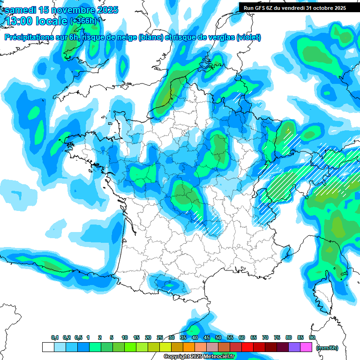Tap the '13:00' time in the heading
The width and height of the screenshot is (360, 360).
[x=20, y=21]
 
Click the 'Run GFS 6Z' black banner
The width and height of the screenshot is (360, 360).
[x=294, y=7]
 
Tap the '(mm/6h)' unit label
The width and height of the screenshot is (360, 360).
[x=327, y=347]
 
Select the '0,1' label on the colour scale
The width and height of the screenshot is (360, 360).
[x=54, y=338]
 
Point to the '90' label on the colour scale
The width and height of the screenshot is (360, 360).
[x=312, y=338]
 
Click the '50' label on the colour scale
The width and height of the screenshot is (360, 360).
[x=218, y=338]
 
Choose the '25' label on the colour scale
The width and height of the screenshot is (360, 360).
[x=160, y=338]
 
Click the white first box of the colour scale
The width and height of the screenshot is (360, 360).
[x=48, y=347]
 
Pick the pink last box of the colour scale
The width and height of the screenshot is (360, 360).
[x=306, y=347]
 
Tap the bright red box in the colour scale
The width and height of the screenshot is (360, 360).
[x=247, y=347]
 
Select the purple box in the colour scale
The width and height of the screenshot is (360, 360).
[x=294, y=347]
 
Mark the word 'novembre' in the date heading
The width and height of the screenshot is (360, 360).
[x=73, y=10]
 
